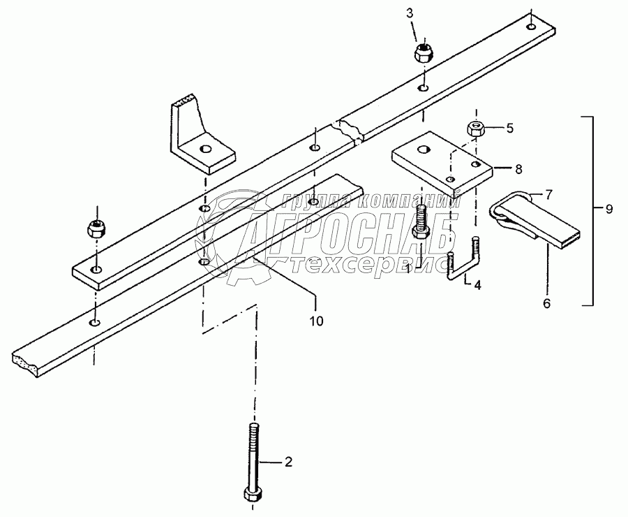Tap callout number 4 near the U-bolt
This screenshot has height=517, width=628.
pyautogui.click(x=477, y=284)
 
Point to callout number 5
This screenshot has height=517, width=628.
pyautogui.click(x=509, y=128)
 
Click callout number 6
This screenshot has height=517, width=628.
pyautogui.click(x=547, y=303)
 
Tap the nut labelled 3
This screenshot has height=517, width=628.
pyautogui.click(x=423, y=53)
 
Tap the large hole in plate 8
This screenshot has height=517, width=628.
pyautogui.click(x=424, y=149)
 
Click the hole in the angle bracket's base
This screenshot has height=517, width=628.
pyautogui.click(x=205, y=149)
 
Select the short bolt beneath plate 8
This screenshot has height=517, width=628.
pyautogui.click(x=421, y=220)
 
